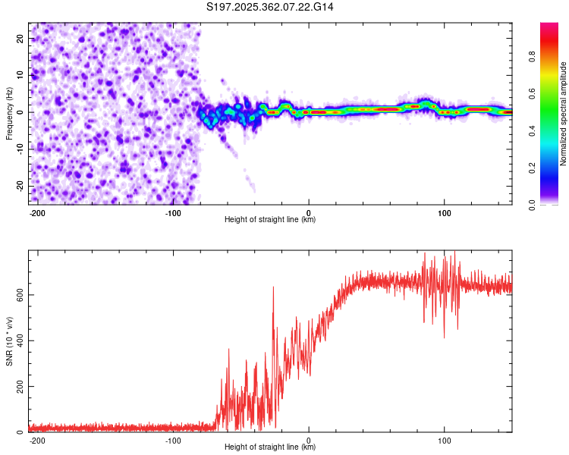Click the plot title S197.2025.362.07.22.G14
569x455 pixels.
point(270,7)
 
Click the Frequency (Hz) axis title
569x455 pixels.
point(9,112)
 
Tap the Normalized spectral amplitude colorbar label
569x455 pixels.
point(564,114)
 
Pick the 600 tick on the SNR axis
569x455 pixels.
point(17,295)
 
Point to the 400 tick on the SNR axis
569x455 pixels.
point(17,340)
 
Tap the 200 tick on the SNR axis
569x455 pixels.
point(17,387)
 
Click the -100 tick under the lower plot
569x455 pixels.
point(172,440)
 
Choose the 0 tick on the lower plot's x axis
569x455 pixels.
point(309,440)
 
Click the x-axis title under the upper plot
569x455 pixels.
point(270,220)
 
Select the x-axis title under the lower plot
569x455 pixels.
point(270,447)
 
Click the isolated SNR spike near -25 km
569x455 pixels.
point(273,288)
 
